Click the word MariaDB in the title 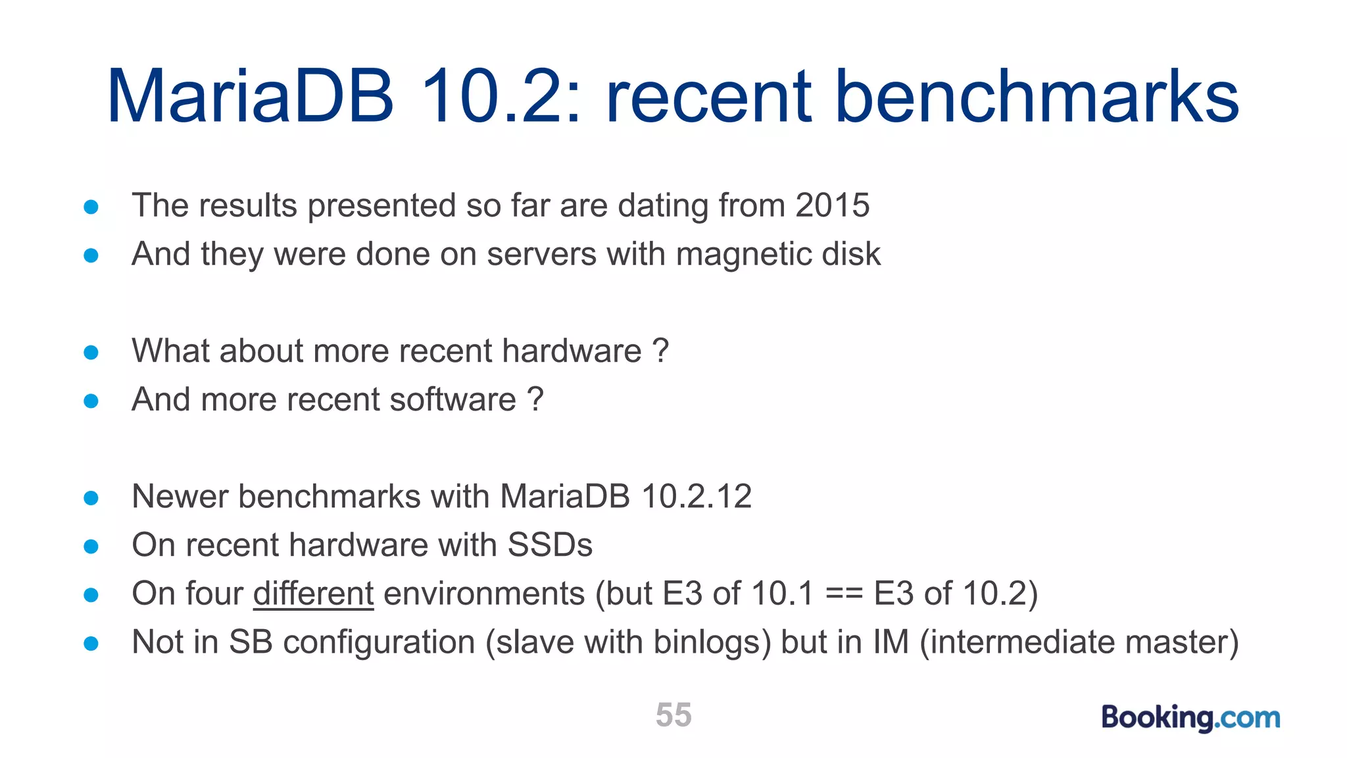251,97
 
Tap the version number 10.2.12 696,496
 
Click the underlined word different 313,594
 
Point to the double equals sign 844,594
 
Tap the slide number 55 673,715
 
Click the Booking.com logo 1190,717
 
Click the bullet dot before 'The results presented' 91,207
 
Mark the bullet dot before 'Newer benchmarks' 91,498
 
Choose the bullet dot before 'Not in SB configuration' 91,644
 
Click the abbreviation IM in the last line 891,642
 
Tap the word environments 484,594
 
